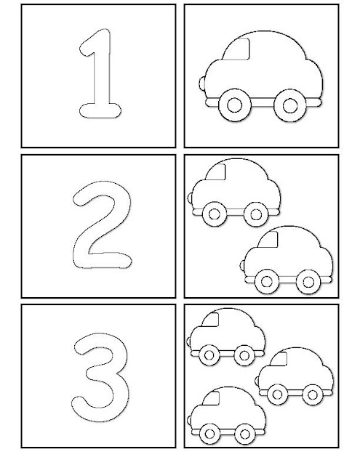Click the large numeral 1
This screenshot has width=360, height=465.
[103, 74]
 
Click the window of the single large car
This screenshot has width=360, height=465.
[237, 49]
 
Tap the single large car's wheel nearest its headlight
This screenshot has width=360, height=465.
[234, 105]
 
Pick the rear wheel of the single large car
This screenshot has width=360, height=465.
[290, 105]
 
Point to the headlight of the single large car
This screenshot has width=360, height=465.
[201, 84]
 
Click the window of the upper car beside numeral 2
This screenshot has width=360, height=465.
[217, 172]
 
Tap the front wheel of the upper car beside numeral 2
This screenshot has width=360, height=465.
[215, 214]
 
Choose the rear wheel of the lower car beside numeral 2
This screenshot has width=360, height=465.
[308, 282]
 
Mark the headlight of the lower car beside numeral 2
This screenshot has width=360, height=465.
[242, 265]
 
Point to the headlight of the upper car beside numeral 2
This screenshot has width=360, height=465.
[190, 198]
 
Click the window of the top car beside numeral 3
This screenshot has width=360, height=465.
[211, 320]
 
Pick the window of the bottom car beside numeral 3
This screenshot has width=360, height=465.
[212, 398]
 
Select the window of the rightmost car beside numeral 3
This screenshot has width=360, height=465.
[279, 359]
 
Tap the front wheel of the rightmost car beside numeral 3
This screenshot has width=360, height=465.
[277, 395]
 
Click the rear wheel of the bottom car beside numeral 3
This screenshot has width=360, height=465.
[245, 434]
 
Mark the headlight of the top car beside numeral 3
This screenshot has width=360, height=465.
[188, 341]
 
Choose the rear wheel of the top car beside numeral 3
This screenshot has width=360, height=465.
[244, 355]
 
